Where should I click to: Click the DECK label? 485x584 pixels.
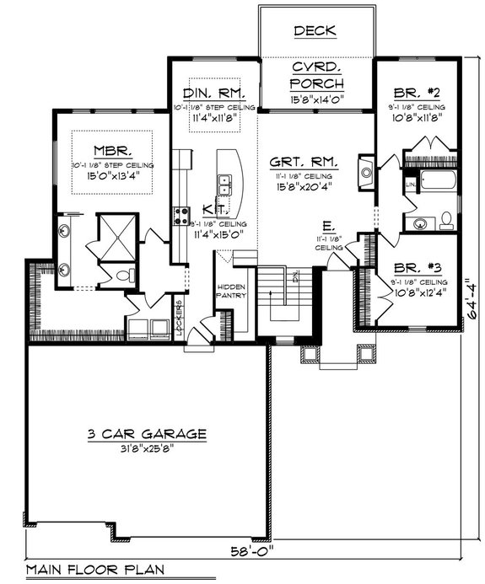point(315,31)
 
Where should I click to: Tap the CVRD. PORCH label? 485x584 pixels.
point(315,75)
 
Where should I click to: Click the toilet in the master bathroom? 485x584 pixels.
point(124,275)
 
